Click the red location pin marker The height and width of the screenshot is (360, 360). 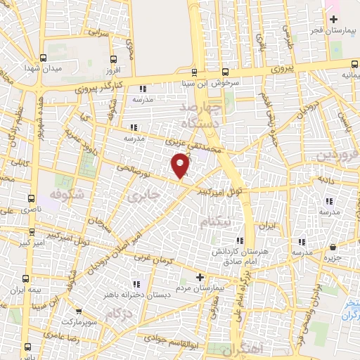tap(181, 165)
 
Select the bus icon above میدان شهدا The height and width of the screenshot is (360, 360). tap(43, 58)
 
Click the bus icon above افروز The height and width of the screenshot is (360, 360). tap(114, 59)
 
